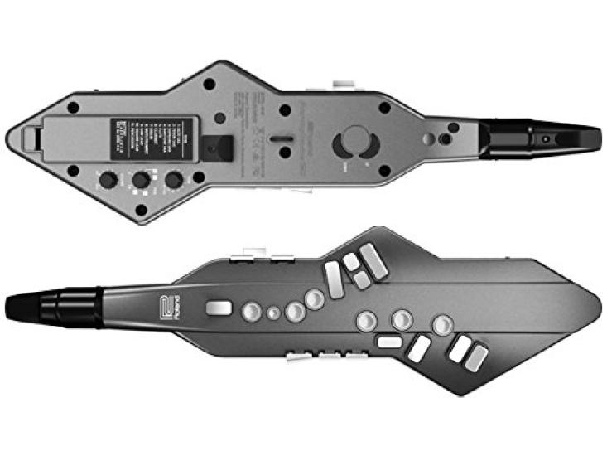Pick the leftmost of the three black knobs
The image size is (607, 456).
pos(108,179)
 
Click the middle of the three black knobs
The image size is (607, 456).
pos(142,179)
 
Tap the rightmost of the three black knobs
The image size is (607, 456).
pos(174,179)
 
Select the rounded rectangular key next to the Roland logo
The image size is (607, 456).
pos(219,308)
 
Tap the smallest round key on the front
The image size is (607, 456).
pos(273,313)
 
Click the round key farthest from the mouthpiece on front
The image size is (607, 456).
pos(442,324)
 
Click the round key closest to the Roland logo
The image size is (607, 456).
pos(251,312)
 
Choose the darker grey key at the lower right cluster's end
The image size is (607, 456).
pos(477,357)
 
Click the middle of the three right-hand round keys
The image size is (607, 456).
pos(402,319)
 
